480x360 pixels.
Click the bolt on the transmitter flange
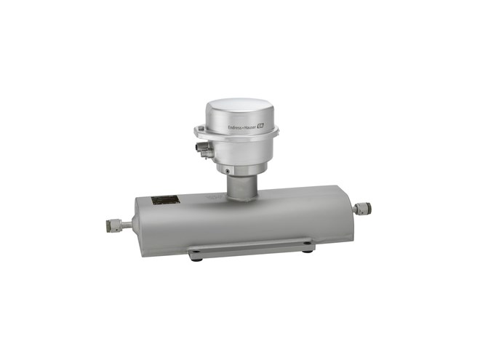click(x=197, y=132)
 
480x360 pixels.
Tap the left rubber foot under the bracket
click(x=194, y=258)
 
